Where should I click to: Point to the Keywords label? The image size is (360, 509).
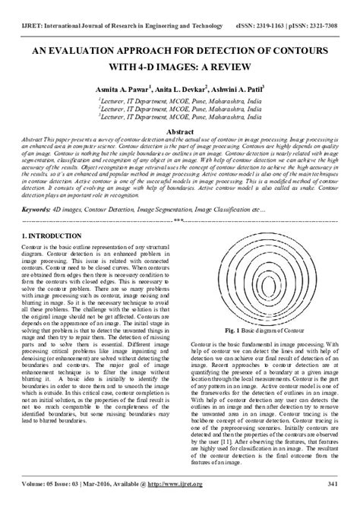pyautogui.click(x=35, y=208)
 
